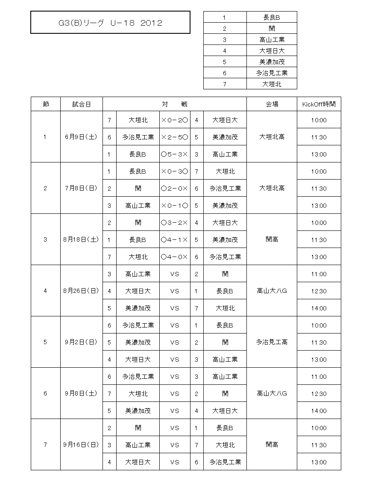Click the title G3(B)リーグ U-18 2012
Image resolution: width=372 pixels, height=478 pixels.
[110, 23]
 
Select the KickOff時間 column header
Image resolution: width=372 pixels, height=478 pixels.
[319, 104]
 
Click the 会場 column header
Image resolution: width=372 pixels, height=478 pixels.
[272, 104]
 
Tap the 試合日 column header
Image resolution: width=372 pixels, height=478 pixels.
[82, 104]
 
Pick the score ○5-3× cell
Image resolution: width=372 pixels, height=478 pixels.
[175, 154]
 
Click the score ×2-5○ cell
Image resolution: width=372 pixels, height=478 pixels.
[175, 137]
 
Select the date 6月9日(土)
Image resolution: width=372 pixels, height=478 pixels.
[82, 137]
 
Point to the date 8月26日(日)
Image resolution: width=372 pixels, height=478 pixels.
[82, 291]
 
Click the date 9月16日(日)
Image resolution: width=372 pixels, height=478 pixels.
[82, 445]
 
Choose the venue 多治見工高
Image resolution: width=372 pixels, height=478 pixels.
[272, 342]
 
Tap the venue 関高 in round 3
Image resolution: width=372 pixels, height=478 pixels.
[272, 240]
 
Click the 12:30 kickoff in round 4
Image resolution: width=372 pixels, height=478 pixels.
[319, 291]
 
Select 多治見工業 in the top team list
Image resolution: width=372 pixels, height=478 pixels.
[272, 73]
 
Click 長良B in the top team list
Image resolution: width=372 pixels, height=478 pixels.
[272, 18]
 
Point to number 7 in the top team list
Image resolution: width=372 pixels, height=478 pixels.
[225, 84]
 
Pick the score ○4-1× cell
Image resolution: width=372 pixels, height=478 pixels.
[175, 240]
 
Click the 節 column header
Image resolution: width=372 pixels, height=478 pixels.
[46, 104]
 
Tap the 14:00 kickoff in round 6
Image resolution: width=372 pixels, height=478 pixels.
[319, 411]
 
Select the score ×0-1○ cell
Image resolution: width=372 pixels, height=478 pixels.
[175, 206]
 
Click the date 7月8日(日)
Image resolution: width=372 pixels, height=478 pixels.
[82, 189]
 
